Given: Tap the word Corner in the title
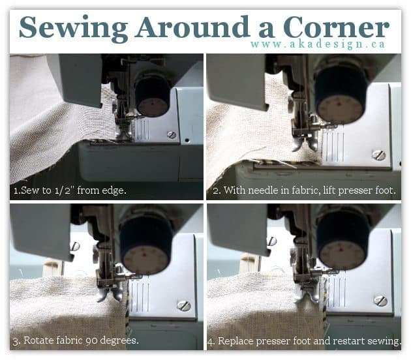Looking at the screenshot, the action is pos(336,27).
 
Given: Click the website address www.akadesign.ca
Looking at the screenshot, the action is pos(318,44).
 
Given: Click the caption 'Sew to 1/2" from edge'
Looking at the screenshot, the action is pos(70,190).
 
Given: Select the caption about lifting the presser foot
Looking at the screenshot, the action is pos(304,190).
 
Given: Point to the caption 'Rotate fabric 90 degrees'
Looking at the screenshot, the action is pos(76,340).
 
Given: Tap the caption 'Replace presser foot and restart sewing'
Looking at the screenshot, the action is pos(304,341).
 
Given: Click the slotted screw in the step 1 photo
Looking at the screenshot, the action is pos(172,135).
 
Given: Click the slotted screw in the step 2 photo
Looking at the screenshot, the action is pos(378,155).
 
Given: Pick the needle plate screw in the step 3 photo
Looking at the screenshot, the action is pos(184,305).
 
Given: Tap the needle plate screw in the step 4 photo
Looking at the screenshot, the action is pos(380,301).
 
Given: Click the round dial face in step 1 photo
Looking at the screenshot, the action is pos(153,107).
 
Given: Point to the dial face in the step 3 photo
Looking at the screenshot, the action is pos(145,260).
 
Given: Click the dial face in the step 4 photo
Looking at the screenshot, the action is pos(342,255).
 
